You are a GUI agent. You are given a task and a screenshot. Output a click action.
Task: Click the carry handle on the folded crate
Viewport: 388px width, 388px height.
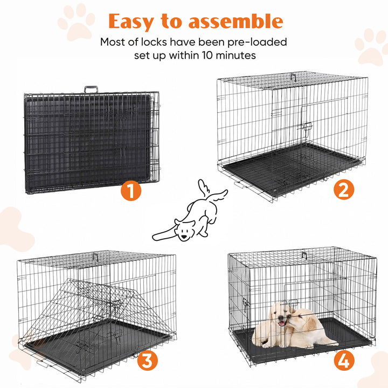90,89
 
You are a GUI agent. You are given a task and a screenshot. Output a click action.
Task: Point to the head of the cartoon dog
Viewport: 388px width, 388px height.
185,230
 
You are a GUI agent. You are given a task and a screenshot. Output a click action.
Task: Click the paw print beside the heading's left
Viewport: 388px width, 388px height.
76,22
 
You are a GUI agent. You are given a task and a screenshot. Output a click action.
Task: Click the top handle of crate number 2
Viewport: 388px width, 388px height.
293,77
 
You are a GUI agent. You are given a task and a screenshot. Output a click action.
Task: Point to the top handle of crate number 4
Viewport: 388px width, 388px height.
304,254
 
